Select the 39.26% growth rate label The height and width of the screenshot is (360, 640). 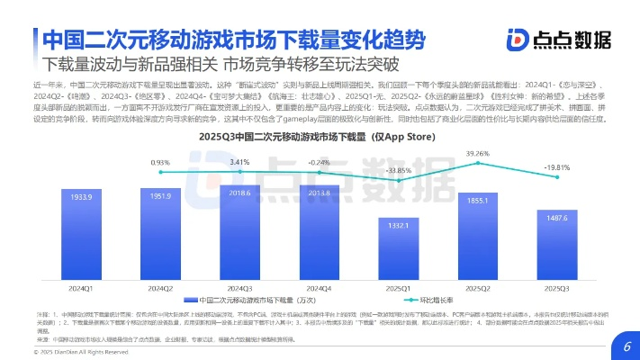click(477, 154)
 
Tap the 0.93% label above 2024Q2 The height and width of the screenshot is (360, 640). click(160, 162)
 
